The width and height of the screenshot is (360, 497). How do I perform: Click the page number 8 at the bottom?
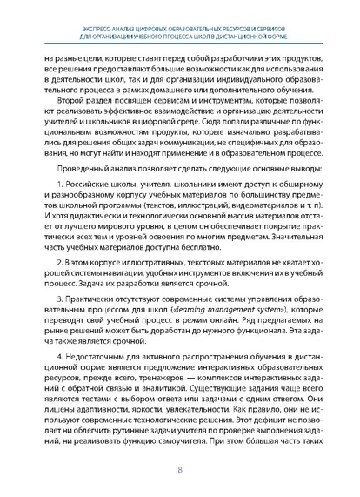click(x=179, y=471)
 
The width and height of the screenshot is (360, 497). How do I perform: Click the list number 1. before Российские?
click(x=58, y=190)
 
